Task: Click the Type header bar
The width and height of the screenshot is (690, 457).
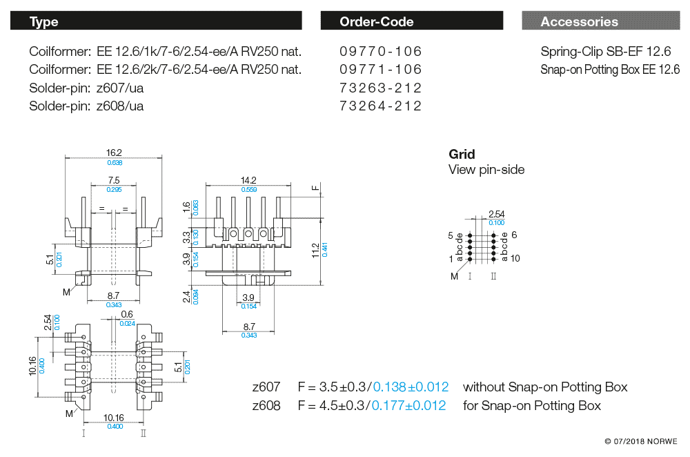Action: (x=156, y=21)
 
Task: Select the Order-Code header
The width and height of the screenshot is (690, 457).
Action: (x=411, y=21)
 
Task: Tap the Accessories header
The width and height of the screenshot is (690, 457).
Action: (x=601, y=21)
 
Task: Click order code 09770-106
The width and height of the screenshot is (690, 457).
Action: (x=380, y=52)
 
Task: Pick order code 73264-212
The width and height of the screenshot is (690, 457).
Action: (x=380, y=106)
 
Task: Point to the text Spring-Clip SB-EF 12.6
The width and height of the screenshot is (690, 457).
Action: (x=606, y=52)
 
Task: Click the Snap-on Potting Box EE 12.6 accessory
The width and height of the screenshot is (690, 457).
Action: (x=610, y=70)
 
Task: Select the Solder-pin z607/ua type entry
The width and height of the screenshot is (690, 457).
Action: (x=86, y=88)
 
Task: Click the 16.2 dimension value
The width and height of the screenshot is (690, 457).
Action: (x=114, y=153)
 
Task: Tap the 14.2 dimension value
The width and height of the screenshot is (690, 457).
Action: (x=248, y=180)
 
